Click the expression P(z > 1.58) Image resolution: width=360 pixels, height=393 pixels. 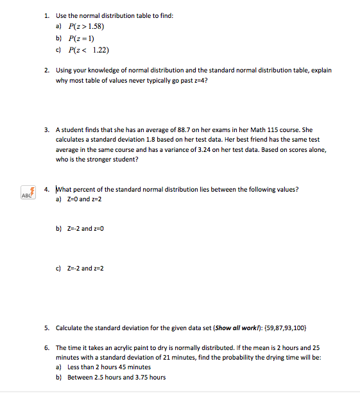[86, 26]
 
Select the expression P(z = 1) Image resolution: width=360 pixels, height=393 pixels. [81, 38]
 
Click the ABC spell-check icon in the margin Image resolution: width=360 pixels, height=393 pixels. [27, 193]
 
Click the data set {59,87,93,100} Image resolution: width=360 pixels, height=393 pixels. [280, 327]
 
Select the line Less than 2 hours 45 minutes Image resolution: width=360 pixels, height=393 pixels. [108, 367]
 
